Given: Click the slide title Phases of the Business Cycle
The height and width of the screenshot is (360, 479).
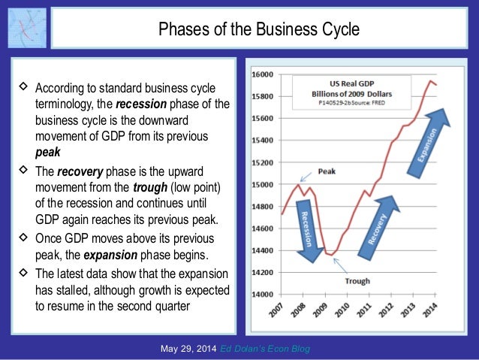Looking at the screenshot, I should (258, 29).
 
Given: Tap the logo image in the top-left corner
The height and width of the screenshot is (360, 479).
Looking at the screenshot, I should (26, 29).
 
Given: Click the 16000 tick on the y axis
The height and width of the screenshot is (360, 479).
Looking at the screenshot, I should (263, 74).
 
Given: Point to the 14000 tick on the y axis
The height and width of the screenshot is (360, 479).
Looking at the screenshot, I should (263, 294).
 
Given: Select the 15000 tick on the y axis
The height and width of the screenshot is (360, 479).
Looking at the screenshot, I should (263, 184).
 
